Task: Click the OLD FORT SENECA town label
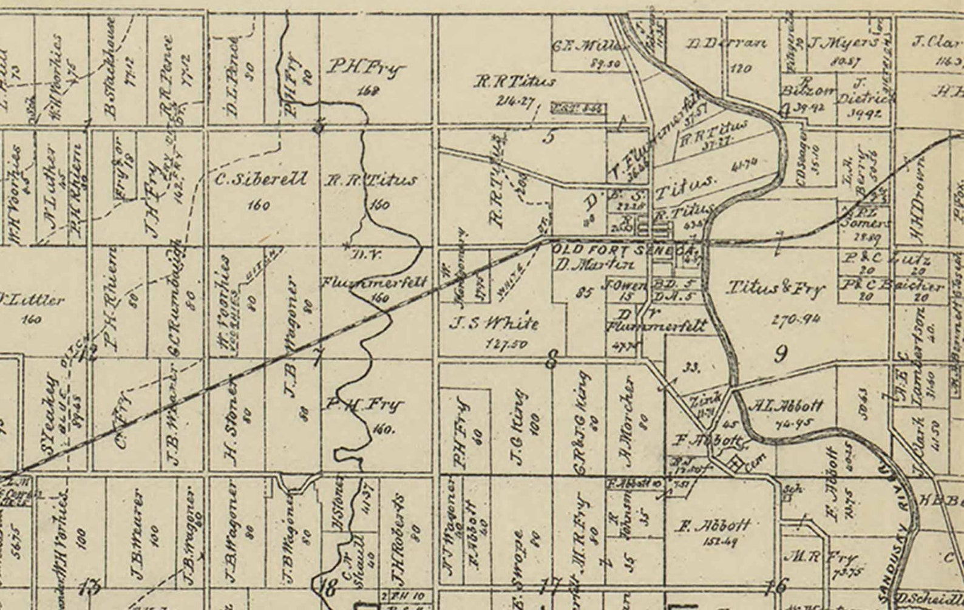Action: pyautogui.click(x=622, y=249)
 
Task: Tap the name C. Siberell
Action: pyautogui.click(x=261, y=180)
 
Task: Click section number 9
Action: pyautogui.click(x=781, y=353)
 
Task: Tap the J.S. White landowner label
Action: pyautogui.click(x=494, y=322)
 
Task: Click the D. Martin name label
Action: pyautogui.click(x=594, y=264)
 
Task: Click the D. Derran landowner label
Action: pyautogui.click(x=727, y=44)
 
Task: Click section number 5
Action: pyautogui.click(x=548, y=137)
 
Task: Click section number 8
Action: pyautogui.click(x=551, y=361)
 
